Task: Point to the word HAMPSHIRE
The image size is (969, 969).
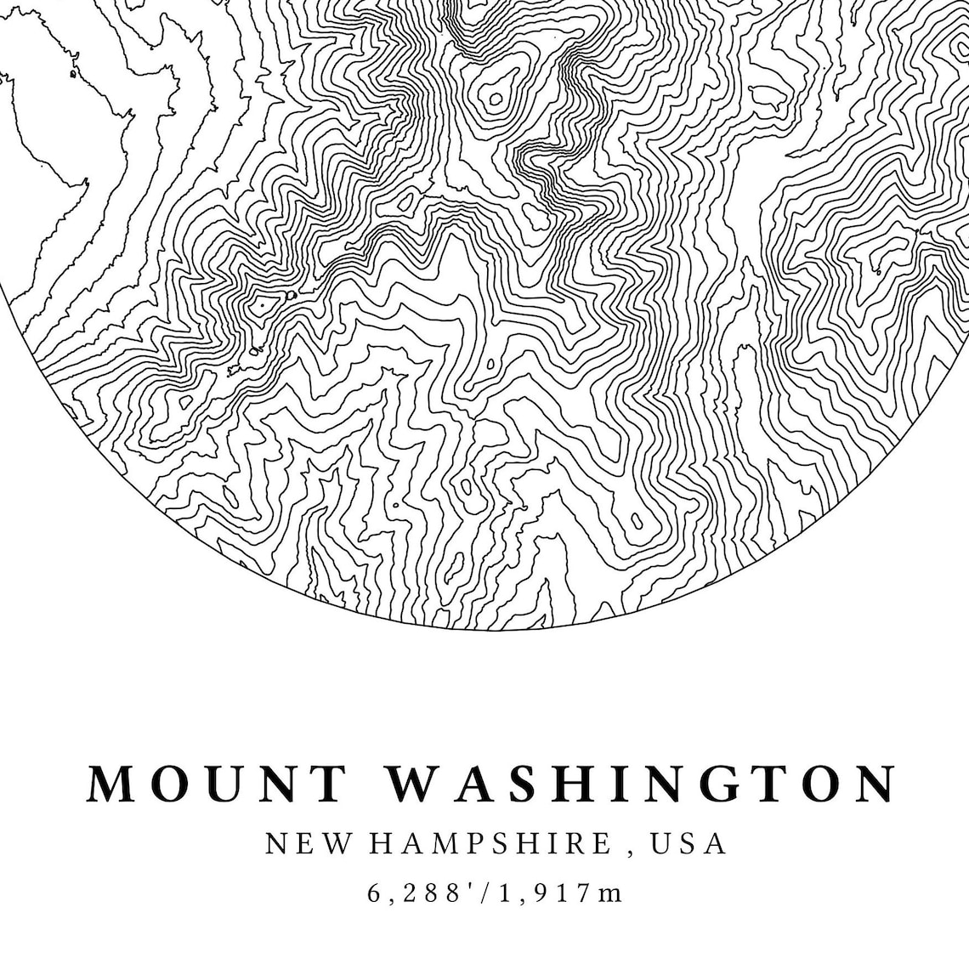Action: click(x=490, y=844)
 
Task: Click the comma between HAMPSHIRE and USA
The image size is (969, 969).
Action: click(x=630, y=850)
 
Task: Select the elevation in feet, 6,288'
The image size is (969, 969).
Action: click(x=421, y=893)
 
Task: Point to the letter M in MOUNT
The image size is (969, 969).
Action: click(x=110, y=784)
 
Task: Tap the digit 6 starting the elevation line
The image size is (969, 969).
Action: click(x=375, y=893)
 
